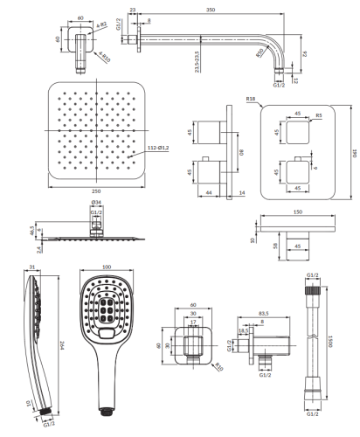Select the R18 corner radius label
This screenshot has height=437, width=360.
(250, 101)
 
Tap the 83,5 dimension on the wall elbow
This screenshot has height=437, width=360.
(263, 312)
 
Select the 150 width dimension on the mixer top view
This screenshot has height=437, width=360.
(300, 211)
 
